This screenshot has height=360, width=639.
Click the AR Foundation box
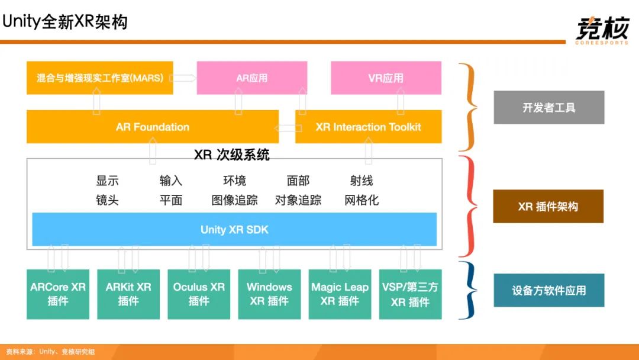pyautogui.click(x=153, y=127)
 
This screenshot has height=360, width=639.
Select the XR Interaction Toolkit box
pyautogui.click(x=368, y=127)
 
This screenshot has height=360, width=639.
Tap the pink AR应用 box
pyautogui.click(x=252, y=78)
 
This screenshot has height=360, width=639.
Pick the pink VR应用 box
pyautogui.click(x=386, y=78)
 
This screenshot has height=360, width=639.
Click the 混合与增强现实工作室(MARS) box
pyautogui.click(x=100, y=78)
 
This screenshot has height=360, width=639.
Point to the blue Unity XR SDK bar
pyautogui.click(x=234, y=229)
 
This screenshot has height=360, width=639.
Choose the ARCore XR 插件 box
pyautogui.click(x=58, y=294)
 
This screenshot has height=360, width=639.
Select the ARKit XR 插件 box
pyautogui.click(x=128, y=294)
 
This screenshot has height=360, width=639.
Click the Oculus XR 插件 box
pyautogui.click(x=199, y=294)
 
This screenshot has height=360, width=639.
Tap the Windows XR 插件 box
pyautogui.click(x=269, y=294)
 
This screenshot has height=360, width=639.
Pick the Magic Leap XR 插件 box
pyautogui.click(x=340, y=294)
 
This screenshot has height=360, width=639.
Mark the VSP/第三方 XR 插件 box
pyautogui.click(x=410, y=294)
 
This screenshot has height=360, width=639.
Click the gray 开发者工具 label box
pyautogui.click(x=549, y=107)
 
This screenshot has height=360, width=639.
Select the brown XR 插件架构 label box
pyautogui.click(x=548, y=207)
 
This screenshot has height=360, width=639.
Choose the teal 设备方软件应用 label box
pyautogui.click(x=549, y=290)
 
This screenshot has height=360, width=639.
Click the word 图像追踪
pyautogui.click(x=234, y=200)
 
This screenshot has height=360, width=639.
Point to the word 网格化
pyautogui.click(x=362, y=200)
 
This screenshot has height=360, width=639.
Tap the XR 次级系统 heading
pyautogui.click(x=232, y=155)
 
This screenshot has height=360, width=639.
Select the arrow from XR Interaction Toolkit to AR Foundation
pyautogui.click(x=287, y=128)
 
